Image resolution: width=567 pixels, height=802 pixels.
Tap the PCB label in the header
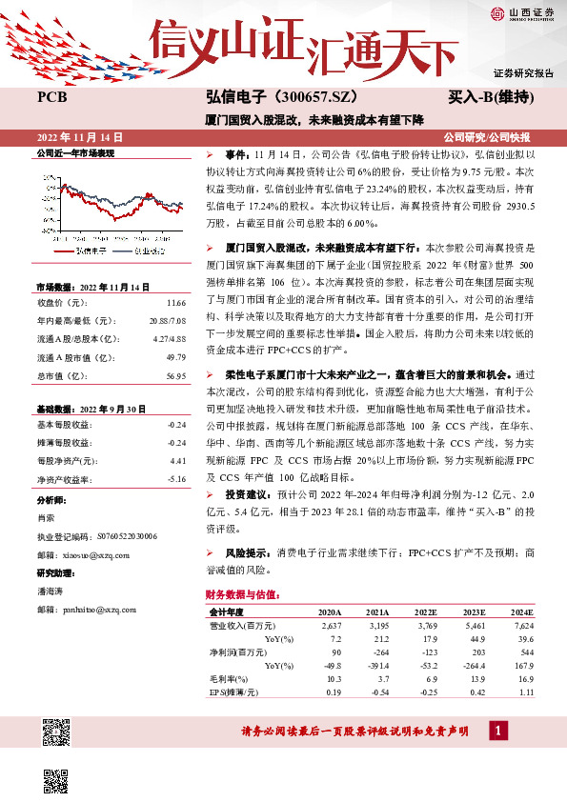[x=51, y=98]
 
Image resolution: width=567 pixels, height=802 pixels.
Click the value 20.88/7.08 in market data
[x=167, y=320]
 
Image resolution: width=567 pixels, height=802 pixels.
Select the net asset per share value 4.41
[x=176, y=459]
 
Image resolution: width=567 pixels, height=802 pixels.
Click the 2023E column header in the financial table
[x=475, y=612]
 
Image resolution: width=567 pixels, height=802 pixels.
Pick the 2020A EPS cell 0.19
[x=332, y=691]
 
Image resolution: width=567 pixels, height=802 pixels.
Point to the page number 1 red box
[x=497, y=731]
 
